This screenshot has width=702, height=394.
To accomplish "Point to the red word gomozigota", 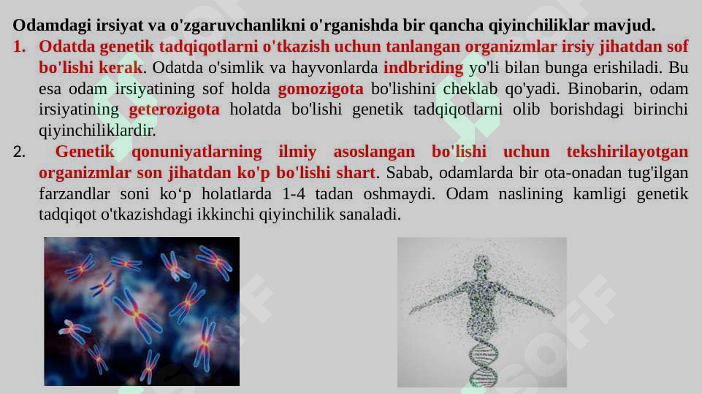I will point(321,90).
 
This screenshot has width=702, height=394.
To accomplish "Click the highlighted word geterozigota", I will point(174,111).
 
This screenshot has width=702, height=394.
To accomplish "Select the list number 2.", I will point(20,153).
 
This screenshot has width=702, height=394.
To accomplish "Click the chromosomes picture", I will point(142,312).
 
